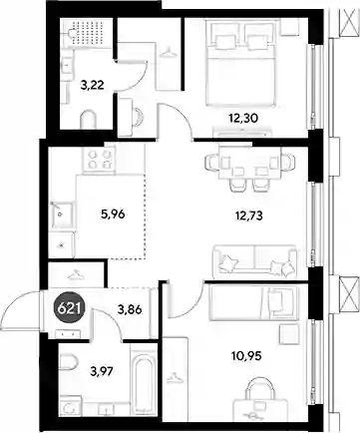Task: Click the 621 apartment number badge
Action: pos(71,309)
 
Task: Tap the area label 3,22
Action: pos(93,85)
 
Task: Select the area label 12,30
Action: pos(243,118)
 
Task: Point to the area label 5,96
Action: pos(113,215)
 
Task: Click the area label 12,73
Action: pos(248,216)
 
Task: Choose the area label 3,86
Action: pos(130,309)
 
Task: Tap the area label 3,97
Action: pos(102,371)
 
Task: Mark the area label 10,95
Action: pos(246,356)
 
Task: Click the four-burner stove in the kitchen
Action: pos(99,159)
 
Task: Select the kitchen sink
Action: pos(62,215)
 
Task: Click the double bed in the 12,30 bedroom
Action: pos(241,63)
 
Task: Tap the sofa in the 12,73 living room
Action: pos(255,261)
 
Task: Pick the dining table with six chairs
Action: pos(250,169)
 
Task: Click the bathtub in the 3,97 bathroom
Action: pos(144,380)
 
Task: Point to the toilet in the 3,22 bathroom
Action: pos(88,120)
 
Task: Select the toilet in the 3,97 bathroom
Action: pos(69,362)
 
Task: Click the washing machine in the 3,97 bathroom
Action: pos(71,406)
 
